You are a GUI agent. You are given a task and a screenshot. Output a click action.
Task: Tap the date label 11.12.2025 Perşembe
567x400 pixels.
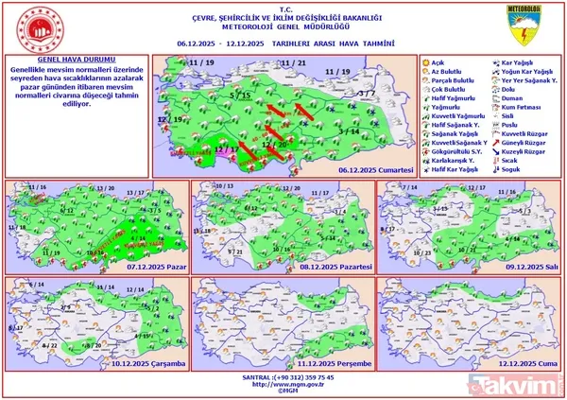(x=331, y=362)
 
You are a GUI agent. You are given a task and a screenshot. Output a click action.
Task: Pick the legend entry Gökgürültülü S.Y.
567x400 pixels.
(x=455, y=148)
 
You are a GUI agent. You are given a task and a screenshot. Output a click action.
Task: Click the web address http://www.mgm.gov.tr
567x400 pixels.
(x=283, y=384)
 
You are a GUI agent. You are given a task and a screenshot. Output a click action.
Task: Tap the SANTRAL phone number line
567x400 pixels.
(x=283, y=376)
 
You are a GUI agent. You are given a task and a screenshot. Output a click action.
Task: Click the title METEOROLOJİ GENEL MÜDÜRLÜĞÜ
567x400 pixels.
(x=283, y=27)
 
